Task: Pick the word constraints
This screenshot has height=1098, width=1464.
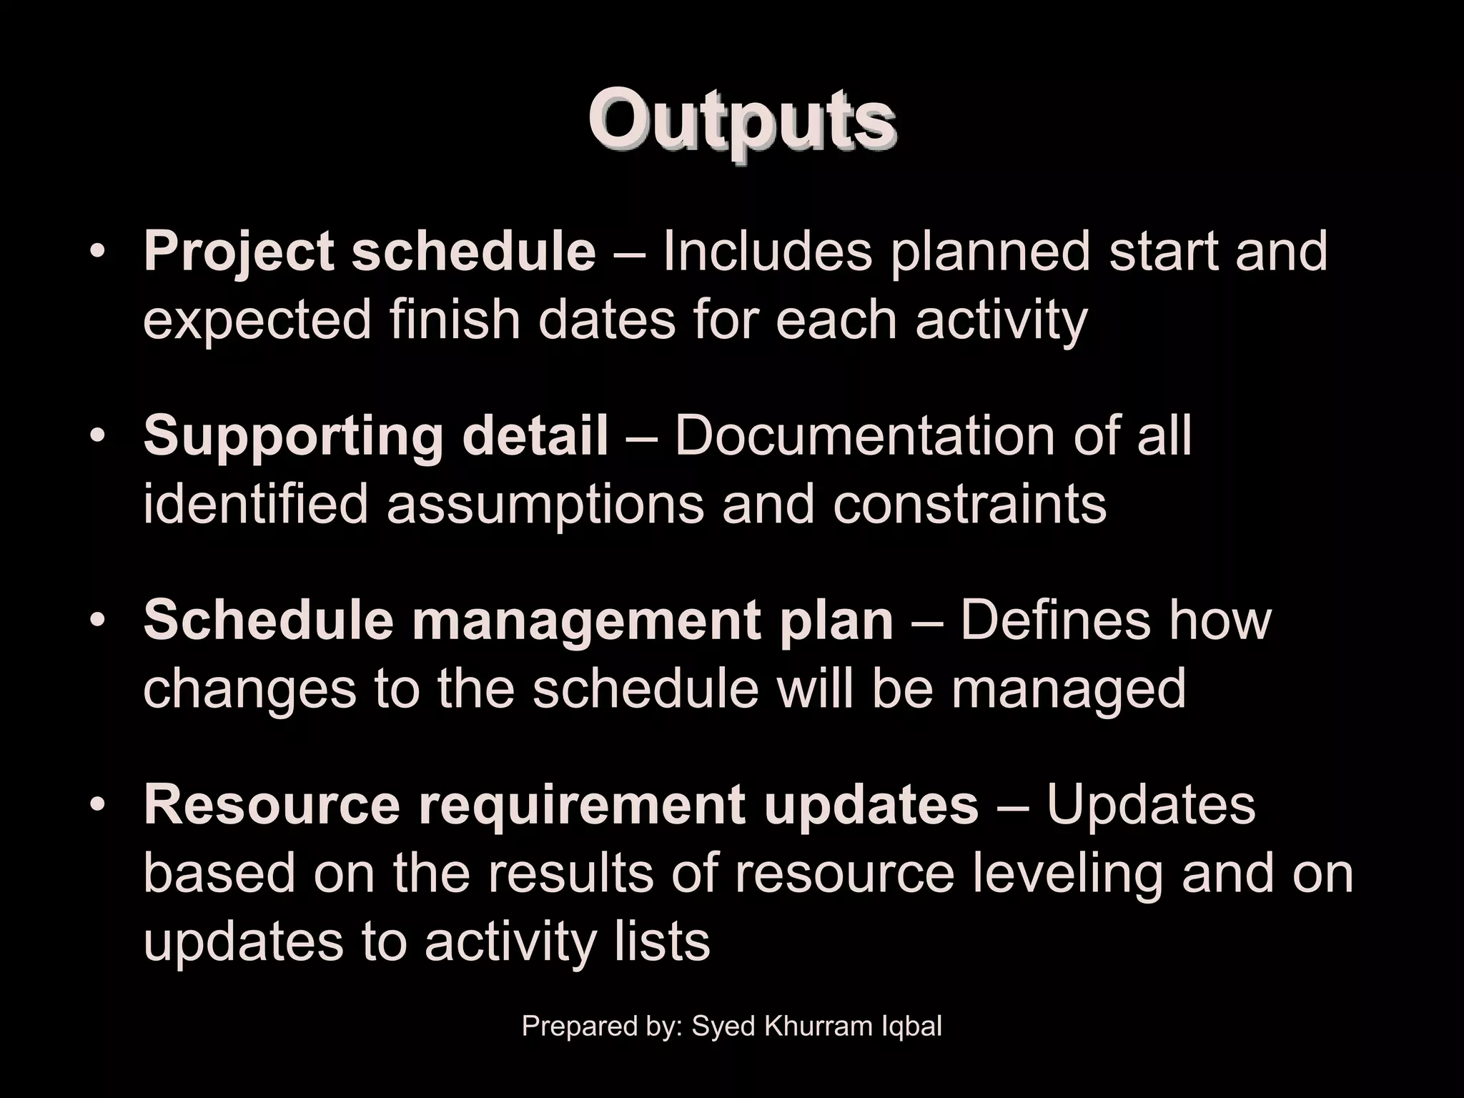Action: point(969,504)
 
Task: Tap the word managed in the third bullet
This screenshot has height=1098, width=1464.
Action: point(1068,688)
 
